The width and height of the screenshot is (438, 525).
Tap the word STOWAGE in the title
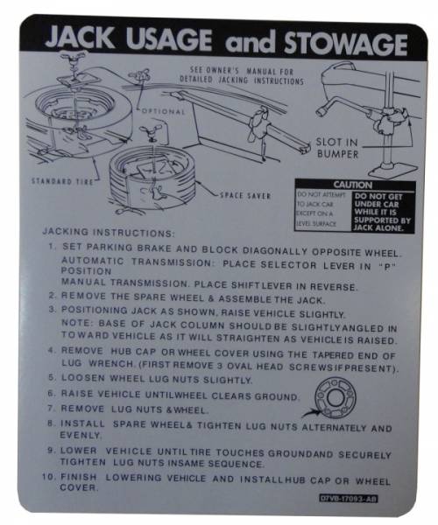(x=340, y=43)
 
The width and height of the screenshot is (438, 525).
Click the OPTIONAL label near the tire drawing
(x=162, y=111)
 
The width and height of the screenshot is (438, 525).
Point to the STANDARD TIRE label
(x=60, y=181)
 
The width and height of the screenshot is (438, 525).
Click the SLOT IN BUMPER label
(x=337, y=148)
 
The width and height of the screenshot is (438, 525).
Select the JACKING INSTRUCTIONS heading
(x=109, y=234)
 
